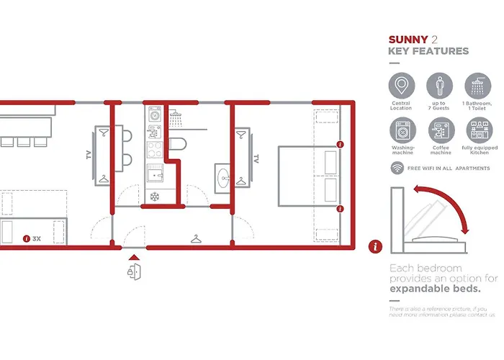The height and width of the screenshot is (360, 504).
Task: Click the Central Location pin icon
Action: (x=402, y=86)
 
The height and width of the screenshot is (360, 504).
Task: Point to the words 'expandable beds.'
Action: (x=435, y=289)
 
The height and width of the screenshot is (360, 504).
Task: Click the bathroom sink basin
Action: (x=222, y=176)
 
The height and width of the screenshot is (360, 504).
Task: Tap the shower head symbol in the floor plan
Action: (x=175, y=114)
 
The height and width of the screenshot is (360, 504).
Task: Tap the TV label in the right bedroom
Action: (x=255, y=158)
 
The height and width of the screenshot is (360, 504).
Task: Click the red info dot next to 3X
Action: (x=27, y=238)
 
